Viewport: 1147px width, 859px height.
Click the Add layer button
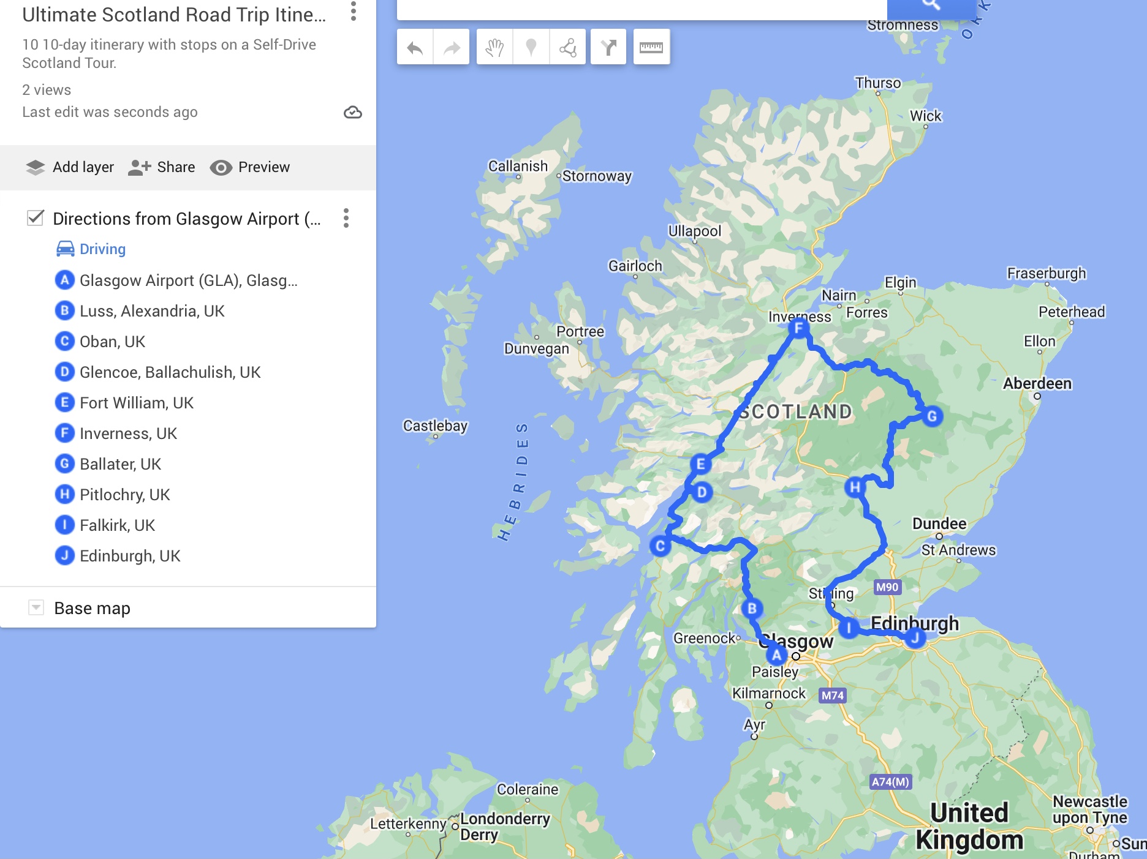pyautogui.click(x=70, y=167)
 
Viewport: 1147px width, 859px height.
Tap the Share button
pyautogui.click(x=162, y=167)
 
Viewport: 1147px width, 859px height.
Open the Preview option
pyautogui.click(x=250, y=167)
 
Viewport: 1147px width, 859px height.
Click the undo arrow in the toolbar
pyautogui.click(x=415, y=47)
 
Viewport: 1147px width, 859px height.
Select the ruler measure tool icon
pyautogui.click(x=651, y=47)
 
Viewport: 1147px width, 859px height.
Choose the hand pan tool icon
pyautogui.click(x=494, y=47)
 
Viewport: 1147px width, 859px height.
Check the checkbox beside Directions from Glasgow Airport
pyautogui.click(x=36, y=218)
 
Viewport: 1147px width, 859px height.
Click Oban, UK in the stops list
pyautogui.click(x=112, y=342)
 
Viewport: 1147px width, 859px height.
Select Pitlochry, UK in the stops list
pyautogui.click(x=124, y=495)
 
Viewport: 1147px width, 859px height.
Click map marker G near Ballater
pyautogui.click(x=932, y=416)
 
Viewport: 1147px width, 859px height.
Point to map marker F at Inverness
pyautogui.click(x=798, y=328)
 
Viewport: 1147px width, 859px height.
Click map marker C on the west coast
pyautogui.click(x=660, y=546)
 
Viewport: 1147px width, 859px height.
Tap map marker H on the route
pyautogui.click(x=854, y=487)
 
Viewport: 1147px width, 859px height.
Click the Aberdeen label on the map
pyautogui.click(x=1037, y=383)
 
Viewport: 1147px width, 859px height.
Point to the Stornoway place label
pyautogui.click(x=596, y=176)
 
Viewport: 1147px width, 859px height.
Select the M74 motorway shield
pyautogui.click(x=833, y=696)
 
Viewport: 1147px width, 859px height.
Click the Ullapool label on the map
pyautogui.click(x=695, y=231)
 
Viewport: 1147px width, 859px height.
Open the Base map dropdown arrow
pyautogui.click(x=36, y=607)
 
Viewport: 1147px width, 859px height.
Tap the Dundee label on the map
pyautogui.click(x=939, y=523)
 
